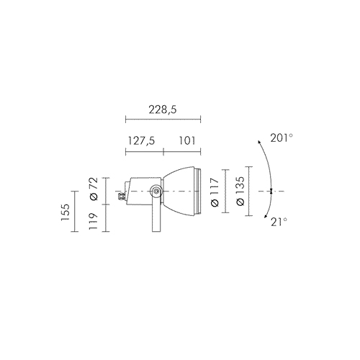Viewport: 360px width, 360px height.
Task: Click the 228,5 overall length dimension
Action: pyautogui.click(x=163, y=109)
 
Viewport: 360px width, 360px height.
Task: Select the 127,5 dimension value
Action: pyautogui.click(x=141, y=140)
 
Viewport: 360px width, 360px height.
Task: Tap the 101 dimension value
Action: pyautogui.click(x=187, y=140)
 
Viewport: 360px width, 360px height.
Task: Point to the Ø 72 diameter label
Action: pyautogui.click(x=94, y=189)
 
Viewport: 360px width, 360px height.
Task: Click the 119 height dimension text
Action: pyautogui.click(x=94, y=221)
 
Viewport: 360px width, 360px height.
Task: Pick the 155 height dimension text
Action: pyautogui.click(x=65, y=212)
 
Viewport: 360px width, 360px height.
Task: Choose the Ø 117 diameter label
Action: pyautogui.click(x=215, y=192)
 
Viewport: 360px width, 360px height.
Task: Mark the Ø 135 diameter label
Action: pyautogui.click(x=240, y=191)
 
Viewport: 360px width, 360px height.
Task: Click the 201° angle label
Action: pyautogui.click(x=282, y=138)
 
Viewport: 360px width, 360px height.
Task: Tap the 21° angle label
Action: pyautogui.click(x=279, y=222)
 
